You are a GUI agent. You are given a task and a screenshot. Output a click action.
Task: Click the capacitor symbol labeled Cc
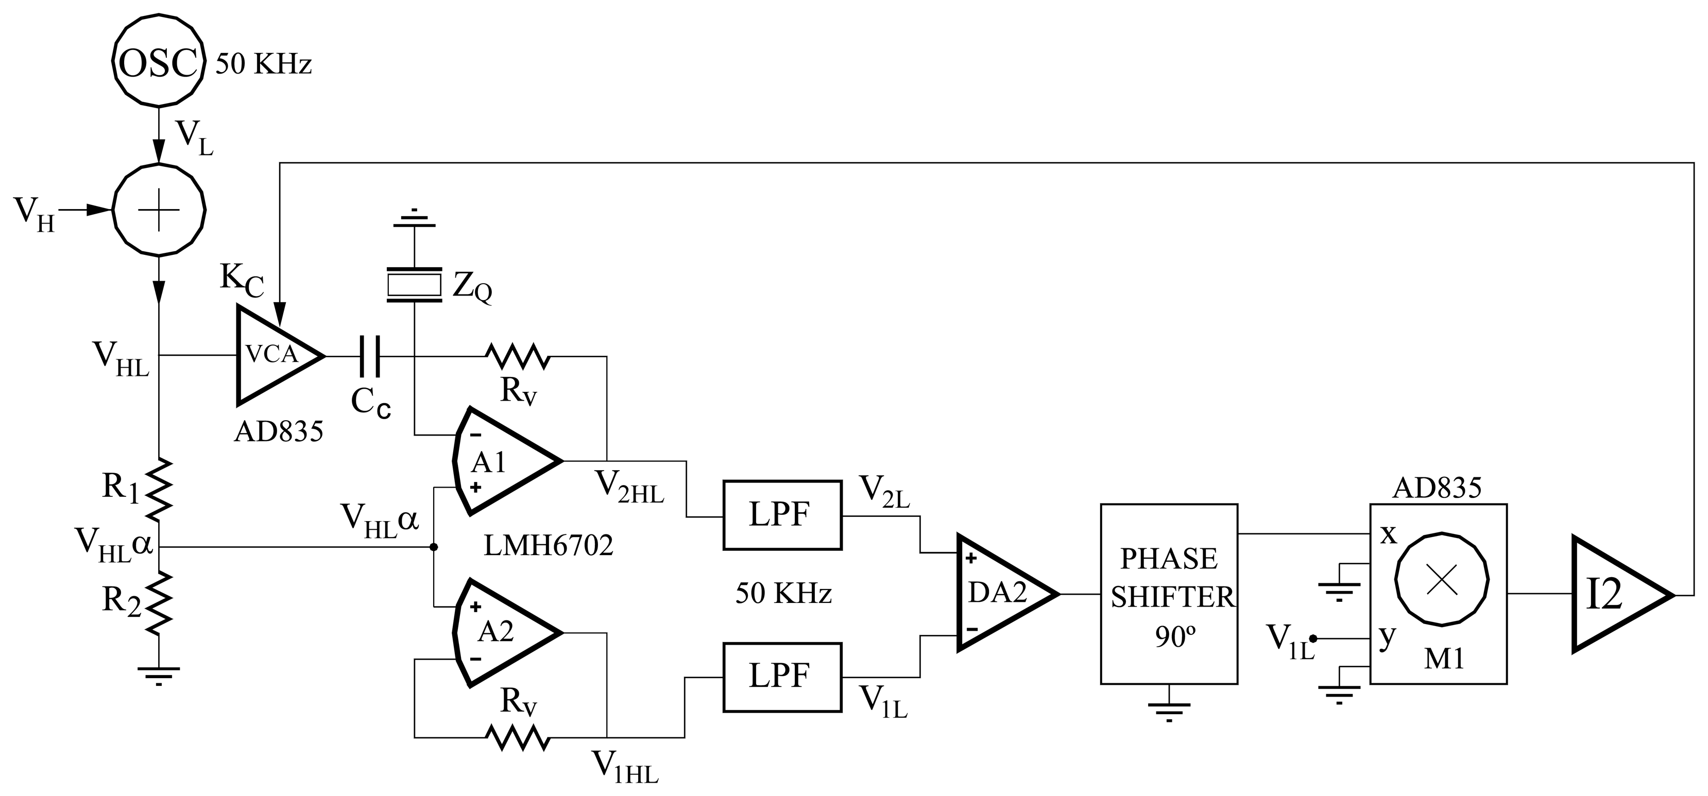(369, 356)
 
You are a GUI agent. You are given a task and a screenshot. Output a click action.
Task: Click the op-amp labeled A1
(504, 461)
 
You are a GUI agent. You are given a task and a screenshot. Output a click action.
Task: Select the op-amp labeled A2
(504, 632)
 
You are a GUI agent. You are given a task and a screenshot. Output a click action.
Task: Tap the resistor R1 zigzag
(160, 489)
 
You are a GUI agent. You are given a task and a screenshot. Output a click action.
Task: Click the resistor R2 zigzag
(160, 603)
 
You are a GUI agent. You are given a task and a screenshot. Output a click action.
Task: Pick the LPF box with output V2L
(782, 515)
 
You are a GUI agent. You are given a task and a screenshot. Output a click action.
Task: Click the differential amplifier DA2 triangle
(1001, 593)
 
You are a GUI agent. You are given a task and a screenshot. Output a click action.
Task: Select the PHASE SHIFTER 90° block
(1168, 594)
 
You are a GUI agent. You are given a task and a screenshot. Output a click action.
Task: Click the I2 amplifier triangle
(1614, 594)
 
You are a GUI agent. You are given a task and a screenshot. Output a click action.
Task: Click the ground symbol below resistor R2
(159, 674)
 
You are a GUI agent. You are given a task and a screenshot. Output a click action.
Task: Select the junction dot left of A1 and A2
(434, 547)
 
